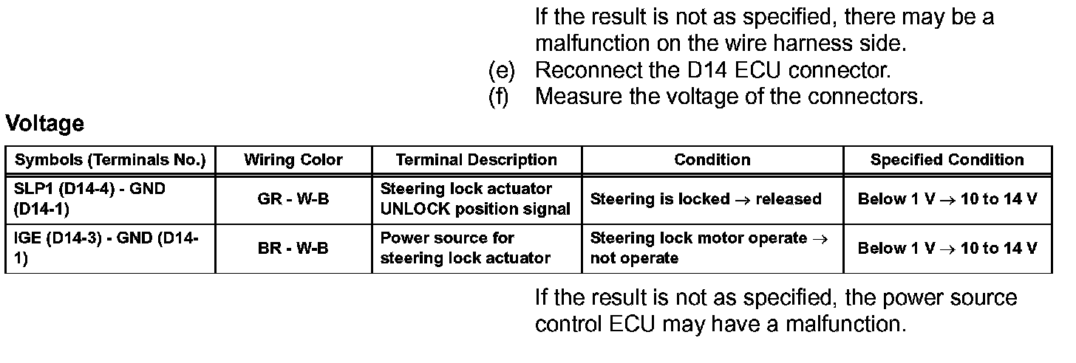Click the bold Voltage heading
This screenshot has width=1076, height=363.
pos(44,124)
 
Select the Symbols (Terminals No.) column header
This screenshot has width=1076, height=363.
pos(110,160)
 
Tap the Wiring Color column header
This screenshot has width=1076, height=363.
pos(293,160)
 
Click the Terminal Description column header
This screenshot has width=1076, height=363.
pos(477,160)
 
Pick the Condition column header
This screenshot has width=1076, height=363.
pos(712,160)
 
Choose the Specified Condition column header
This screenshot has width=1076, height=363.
pos(947,160)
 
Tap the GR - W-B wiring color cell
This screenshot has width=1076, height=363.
pos(293,199)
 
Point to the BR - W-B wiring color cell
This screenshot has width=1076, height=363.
pos(293,249)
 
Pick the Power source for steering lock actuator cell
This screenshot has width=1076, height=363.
pos(466,249)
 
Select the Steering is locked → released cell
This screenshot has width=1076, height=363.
pos(706,199)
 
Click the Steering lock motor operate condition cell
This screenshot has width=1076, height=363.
pos(709,249)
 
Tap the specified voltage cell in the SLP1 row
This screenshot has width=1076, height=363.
pos(947,199)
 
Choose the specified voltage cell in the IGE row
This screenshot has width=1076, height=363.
pos(947,249)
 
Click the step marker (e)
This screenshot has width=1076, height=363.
pos(501,71)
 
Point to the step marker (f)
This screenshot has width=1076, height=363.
pos(499,97)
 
